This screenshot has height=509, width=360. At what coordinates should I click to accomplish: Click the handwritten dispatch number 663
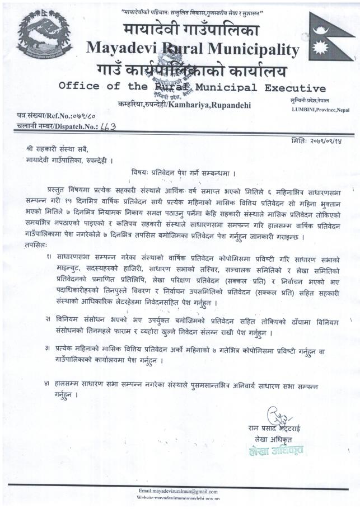[x=106, y=127]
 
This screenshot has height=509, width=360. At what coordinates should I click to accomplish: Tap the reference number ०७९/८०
[x=85, y=115]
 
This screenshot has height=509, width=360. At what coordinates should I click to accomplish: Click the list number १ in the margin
[x=50, y=256]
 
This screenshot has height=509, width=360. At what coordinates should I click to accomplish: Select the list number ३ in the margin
[x=50, y=347]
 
